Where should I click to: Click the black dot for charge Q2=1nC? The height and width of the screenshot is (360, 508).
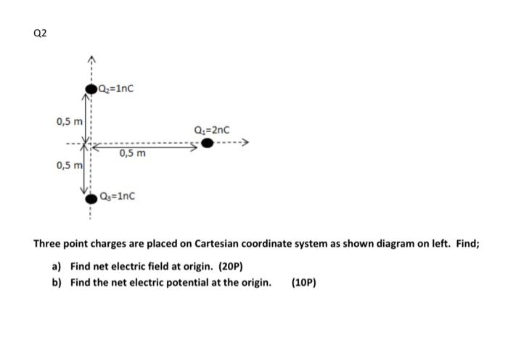(x=91, y=89)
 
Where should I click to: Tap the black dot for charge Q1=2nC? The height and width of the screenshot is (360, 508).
(x=208, y=143)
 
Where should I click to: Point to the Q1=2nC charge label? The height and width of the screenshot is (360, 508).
(x=213, y=130)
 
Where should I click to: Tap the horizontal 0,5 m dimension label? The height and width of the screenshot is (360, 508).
(x=133, y=153)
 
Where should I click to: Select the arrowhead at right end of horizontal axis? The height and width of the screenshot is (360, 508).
(x=247, y=143)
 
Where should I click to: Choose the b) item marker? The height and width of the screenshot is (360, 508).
(x=57, y=282)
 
